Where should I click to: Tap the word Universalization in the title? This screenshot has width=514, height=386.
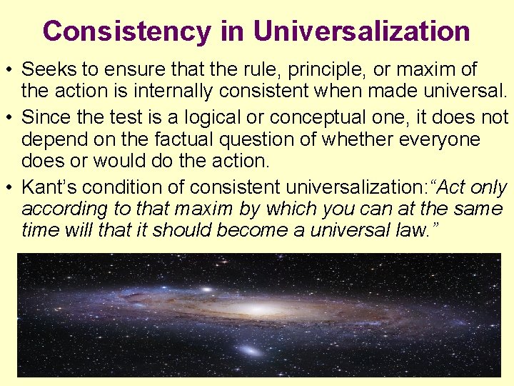(361, 31)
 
